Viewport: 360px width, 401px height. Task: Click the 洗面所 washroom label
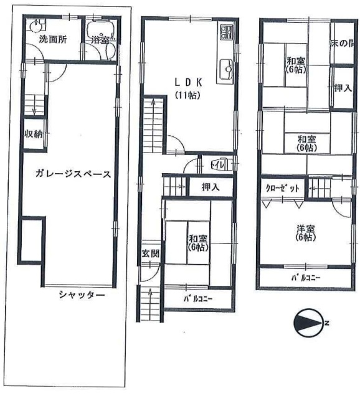click(x=53, y=39)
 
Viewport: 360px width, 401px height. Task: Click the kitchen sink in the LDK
click(x=225, y=66)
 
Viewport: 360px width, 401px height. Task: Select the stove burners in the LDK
click(x=225, y=31)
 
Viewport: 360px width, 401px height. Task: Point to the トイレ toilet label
click(x=219, y=165)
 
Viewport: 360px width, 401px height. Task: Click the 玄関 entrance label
click(x=150, y=253)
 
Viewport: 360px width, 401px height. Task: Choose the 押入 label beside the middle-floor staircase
click(x=210, y=186)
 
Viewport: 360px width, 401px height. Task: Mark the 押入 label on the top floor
click(x=342, y=88)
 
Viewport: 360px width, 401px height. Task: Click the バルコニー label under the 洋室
click(x=305, y=278)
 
